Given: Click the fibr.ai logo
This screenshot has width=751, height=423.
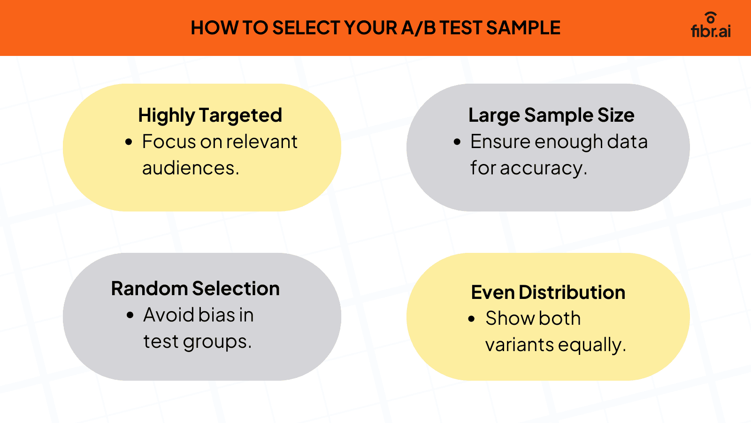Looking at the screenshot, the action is (711, 25).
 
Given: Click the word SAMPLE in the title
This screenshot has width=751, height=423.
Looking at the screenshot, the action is (523, 28).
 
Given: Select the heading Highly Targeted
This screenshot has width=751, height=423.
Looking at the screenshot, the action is (210, 116).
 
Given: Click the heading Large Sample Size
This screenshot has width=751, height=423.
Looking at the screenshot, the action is (551, 116).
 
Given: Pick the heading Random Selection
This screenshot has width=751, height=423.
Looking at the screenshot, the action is (195, 289).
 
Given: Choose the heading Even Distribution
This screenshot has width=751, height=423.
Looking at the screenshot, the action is (548, 292).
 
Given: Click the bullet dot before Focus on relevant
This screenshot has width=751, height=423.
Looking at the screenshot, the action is (129, 142).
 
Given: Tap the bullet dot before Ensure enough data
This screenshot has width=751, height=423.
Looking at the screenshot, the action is (457, 142).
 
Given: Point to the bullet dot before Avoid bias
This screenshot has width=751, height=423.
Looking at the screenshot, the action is (130, 315).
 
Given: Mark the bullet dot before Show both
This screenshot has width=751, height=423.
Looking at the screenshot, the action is (471, 319).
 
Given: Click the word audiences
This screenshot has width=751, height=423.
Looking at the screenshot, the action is (191, 168).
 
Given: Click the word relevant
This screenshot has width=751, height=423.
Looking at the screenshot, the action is (262, 141).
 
